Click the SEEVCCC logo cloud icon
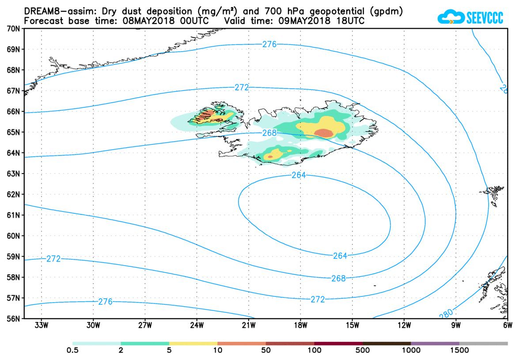(x=451, y=17)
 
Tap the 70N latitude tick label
(x=12, y=28)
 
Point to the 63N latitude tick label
(x=12, y=174)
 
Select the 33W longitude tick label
(x=42, y=326)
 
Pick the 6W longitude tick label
(x=507, y=326)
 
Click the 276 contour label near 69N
(x=269, y=44)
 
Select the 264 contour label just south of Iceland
(x=299, y=175)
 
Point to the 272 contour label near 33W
(x=53, y=259)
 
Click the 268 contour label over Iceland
(x=269, y=133)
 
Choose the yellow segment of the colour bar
(x=193, y=343)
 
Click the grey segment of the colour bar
(x=483, y=343)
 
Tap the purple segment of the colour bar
(x=435, y=343)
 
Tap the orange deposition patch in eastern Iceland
(x=324, y=133)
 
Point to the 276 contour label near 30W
(x=105, y=302)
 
